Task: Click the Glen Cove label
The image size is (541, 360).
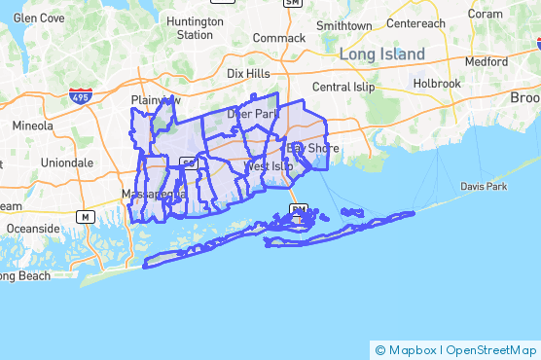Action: pyautogui.click(x=38, y=18)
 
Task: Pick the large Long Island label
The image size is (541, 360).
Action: pyautogui.click(x=382, y=54)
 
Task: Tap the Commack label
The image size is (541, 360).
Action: pyautogui.click(x=278, y=38)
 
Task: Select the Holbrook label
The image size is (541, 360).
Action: pyautogui.click(x=437, y=84)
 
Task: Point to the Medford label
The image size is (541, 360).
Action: pyautogui.click(x=486, y=60)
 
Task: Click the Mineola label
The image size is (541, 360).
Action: pyautogui.click(x=33, y=126)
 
